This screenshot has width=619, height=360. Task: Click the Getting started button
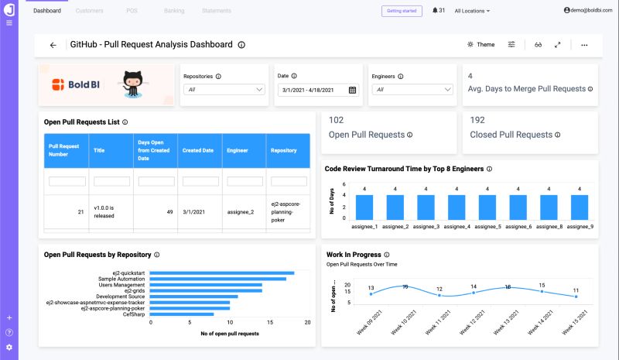click(401, 11)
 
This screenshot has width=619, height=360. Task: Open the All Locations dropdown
click(472, 11)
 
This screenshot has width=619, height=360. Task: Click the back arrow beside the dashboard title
click(53, 45)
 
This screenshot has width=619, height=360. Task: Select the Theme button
click(480, 45)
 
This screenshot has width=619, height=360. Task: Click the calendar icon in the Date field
click(352, 90)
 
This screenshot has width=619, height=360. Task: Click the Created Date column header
click(197, 150)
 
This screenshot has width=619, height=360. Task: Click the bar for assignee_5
click(487, 207)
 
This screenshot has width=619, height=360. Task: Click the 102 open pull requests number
click(337, 120)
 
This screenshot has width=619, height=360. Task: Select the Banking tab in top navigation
click(174, 11)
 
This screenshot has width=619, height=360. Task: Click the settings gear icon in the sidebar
click(9, 347)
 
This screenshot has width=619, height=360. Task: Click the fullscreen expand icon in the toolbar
click(558, 45)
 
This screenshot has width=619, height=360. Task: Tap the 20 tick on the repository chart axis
click(308, 323)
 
